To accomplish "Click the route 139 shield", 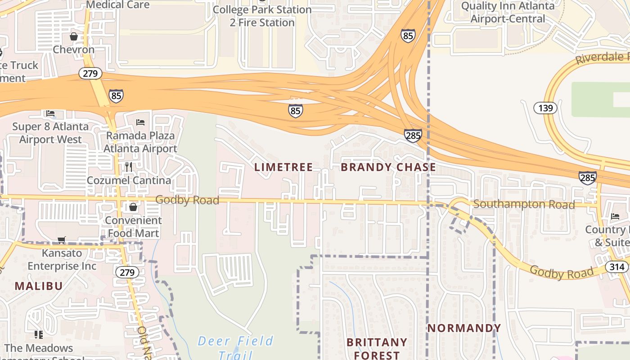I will click(x=545, y=108).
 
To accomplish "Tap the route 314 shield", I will click(x=617, y=267).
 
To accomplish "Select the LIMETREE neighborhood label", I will click(x=283, y=167).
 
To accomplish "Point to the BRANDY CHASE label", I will click(x=388, y=167).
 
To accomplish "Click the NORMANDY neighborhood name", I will click(x=464, y=328).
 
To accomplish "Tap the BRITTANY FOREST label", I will click(x=377, y=348).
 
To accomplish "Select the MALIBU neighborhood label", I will click(x=39, y=286).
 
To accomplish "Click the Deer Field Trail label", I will click(x=236, y=347).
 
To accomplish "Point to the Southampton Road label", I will click(x=524, y=204).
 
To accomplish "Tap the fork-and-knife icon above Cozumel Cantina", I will click(x=129, y=167).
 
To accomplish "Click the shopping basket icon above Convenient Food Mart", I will click(x=133, y=207).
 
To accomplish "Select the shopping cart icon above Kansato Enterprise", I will click(x=62, y=240).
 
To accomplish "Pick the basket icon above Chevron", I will click(x=74, y=36).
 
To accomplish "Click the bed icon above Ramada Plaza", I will click(x=140, y=122).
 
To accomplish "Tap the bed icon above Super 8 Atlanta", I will click(x=50, y=113).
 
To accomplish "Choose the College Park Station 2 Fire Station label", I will click(x=262, y=16).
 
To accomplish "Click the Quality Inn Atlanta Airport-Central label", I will click(x=508, y=12).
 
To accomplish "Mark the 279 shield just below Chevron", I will click(x=90, y=73).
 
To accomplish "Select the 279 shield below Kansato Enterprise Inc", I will click(x=127, y=272).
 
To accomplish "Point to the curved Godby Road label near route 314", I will click(x=561, y=272).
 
